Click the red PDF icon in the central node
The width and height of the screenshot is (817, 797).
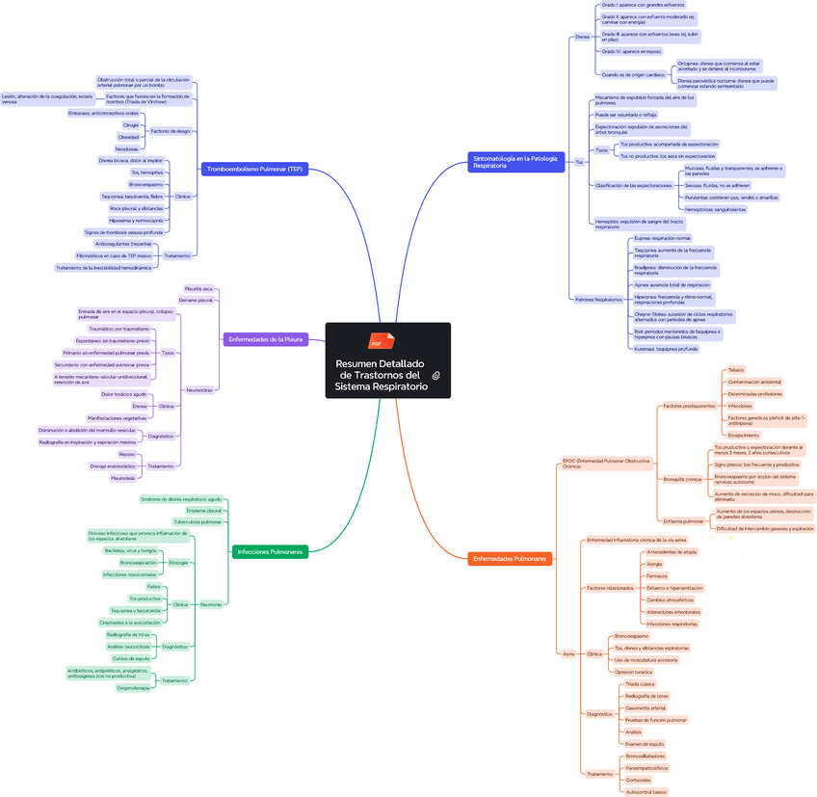coord(376,341)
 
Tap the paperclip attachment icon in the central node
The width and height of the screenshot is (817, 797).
coord(436,375)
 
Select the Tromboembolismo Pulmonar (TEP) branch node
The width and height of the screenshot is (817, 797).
coord(254,170)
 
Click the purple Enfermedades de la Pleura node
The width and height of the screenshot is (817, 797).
coord(266,339)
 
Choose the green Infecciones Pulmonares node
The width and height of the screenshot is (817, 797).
coord(270,552)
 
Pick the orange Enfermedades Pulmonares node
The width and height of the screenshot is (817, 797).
coord(510,559)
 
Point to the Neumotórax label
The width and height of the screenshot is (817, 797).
coord(199,390)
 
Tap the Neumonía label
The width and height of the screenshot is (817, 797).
coord(210,604)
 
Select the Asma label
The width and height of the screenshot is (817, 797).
coord(568,653)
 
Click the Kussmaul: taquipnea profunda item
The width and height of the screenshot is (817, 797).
coord(666,349)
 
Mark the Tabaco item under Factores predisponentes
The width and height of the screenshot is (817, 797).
coord(736,370)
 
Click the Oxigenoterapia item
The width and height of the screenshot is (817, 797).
coord(133,688)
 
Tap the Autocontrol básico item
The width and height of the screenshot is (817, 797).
coord(646,792)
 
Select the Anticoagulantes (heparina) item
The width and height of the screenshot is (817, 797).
coord(123,244)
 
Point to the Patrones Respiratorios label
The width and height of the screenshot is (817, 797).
coord(598,300)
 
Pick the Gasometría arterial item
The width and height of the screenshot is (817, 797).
coord(645,707)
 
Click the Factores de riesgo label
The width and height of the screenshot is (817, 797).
coord(171,130)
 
